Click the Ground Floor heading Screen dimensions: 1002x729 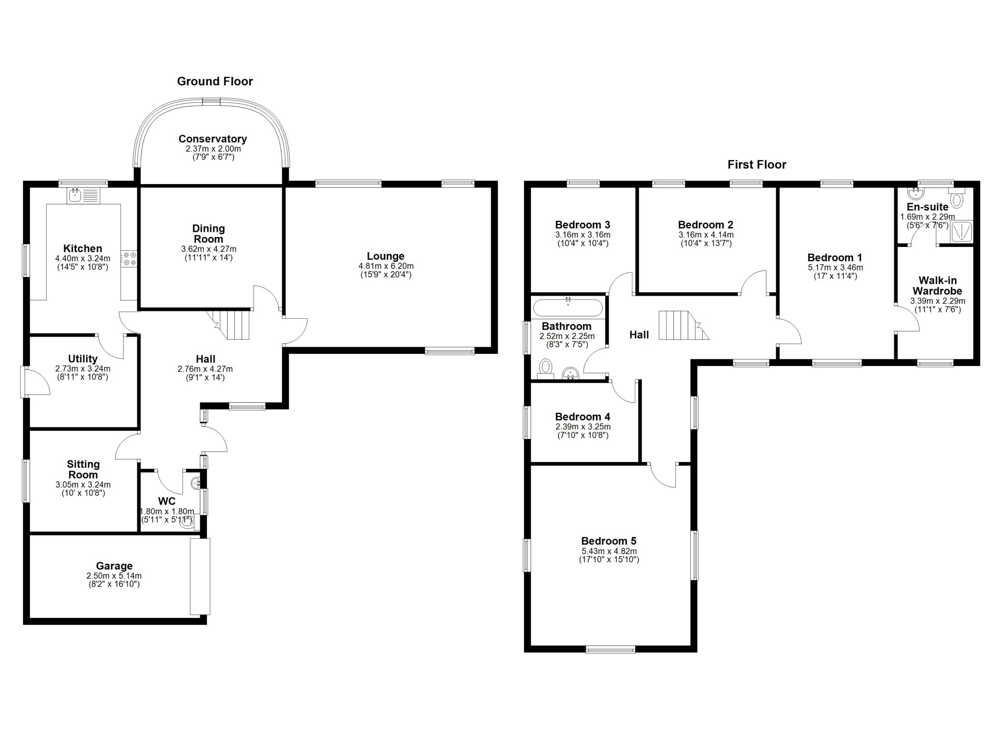tap(215, 81)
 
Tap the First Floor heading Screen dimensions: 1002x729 tap(757, 165)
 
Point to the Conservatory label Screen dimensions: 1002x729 tap(213, 139)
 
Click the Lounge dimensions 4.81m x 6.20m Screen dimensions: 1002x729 tap(386, 266)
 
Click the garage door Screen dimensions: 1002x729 tap(200, 576)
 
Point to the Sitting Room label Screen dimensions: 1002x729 tap(83, 469)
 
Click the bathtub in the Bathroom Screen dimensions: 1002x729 tap(568, 307)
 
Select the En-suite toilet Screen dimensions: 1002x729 tap(957, 197)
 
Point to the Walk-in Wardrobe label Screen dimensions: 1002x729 tap(937, 286)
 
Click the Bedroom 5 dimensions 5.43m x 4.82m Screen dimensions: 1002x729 tap(609, 551)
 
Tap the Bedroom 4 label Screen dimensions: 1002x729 tap(582, 417)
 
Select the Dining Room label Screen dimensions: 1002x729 tap(209, 234)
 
